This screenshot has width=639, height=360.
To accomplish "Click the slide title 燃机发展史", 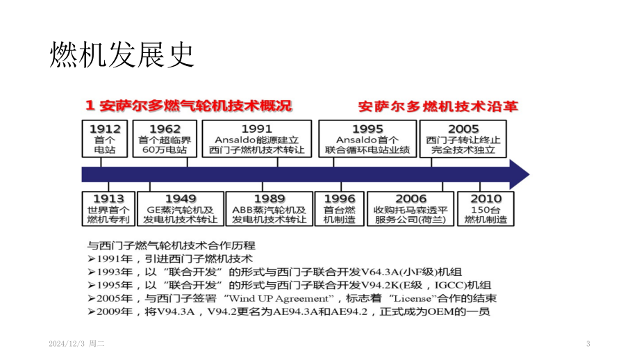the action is tap(122, 55).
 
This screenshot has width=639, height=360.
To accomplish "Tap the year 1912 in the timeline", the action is tap(105, 129).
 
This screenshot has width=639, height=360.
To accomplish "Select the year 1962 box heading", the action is tap(165, 129).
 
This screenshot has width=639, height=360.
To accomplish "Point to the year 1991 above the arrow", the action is tap(257, 129).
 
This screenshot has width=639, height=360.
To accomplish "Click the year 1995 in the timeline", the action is tap(367, 129).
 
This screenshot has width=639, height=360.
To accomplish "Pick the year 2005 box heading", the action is tap(463, 129).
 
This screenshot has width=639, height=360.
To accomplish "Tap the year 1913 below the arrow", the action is tap(108, 199).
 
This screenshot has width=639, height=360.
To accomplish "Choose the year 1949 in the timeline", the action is tap(181, 199).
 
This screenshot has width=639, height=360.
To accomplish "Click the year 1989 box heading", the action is tap(269, 199).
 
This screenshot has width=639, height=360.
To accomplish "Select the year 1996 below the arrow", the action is tap(340, 199).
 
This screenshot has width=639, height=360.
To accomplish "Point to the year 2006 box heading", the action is tap(410, 199).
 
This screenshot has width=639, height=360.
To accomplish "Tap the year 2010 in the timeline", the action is tap(486, 199).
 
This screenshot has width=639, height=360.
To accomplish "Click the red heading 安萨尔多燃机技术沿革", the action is tap(438, 106).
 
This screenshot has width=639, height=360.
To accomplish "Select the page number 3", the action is tap(588, 344).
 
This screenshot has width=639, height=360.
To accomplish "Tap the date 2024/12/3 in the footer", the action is tap(67, 344).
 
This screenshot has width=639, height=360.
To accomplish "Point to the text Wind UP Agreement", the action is tap(279, 298).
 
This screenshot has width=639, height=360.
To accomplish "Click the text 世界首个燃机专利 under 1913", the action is tap(108, 215).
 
